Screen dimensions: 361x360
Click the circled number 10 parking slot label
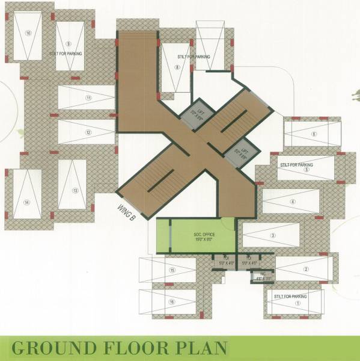pos(29,32)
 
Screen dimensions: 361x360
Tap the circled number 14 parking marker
pos(26,202)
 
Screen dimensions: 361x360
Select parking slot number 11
pos(88,97)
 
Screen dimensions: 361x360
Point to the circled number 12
pos(88,132)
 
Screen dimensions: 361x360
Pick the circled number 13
pos(75,190)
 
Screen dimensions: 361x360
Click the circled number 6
pos(314,134)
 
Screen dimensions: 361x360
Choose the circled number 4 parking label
pos(293,202)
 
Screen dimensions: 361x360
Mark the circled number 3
pos(272,235)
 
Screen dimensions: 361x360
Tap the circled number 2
pos(306,269)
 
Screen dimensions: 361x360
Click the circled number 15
pos(172,271)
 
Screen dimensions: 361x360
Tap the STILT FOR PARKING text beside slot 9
pos(66,53)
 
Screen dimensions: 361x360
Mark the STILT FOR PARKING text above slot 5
pos(296,164)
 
